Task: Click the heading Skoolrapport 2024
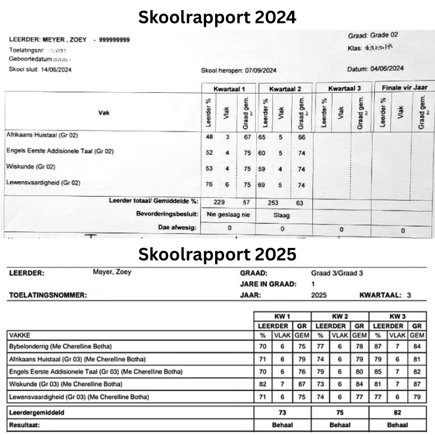217,17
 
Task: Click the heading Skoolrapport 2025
217,254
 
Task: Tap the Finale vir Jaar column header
405,88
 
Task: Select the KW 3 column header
397,316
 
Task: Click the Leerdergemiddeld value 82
397,412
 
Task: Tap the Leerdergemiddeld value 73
282,412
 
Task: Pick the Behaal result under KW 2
340,425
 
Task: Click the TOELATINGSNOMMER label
48,295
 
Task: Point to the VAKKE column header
21,335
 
